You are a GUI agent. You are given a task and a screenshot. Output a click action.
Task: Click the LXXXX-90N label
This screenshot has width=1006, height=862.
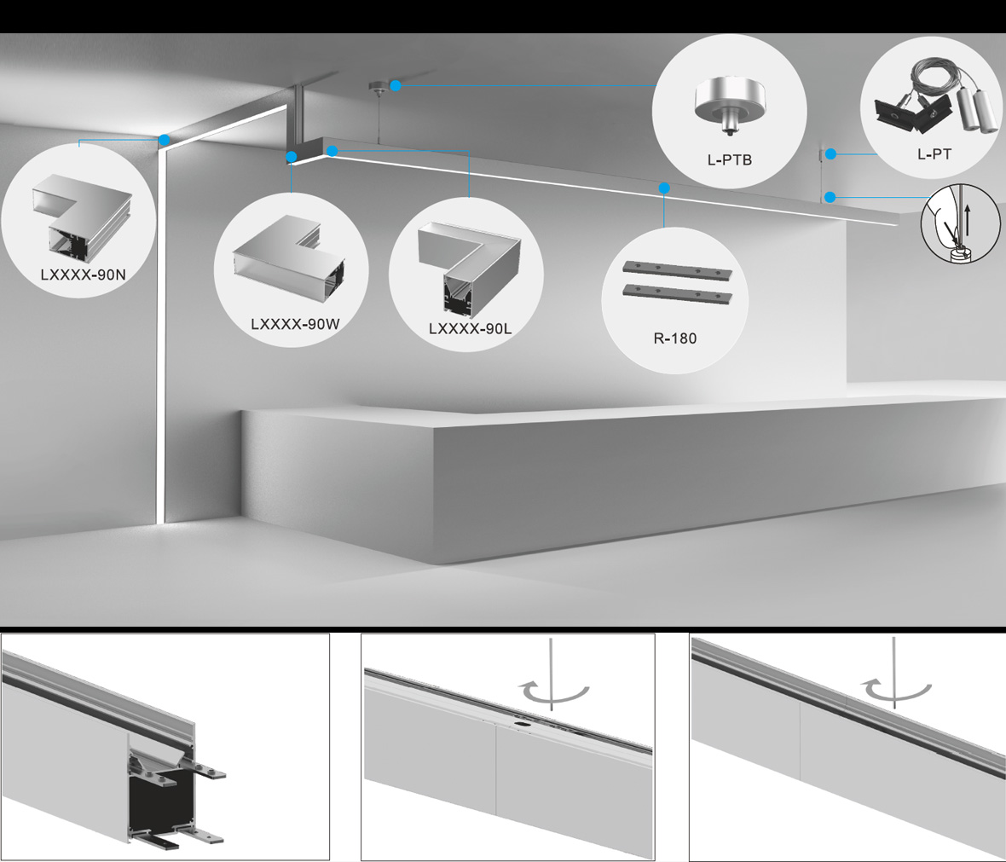click(x=83, y=275)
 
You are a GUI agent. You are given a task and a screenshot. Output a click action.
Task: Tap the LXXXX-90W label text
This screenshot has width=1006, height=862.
click(x=295, y=324)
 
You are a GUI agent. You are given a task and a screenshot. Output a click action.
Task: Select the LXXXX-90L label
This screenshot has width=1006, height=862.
click(x=471, y=328)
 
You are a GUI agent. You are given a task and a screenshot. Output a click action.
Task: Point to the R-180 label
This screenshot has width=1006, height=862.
click(x=675, y=338)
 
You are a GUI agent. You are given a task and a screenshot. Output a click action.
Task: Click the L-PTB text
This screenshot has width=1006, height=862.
click(x=730, y=159)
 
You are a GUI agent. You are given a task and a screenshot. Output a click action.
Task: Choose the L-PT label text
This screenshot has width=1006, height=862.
click(x=934, y=154)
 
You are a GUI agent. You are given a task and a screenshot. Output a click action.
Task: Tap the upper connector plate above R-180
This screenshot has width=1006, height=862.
click(x=678, y=270)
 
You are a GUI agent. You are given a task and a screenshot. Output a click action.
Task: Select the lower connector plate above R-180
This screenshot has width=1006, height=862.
click(x=678, y=293)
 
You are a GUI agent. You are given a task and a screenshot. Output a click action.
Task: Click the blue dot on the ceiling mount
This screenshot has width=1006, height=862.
click(x=396, y=85)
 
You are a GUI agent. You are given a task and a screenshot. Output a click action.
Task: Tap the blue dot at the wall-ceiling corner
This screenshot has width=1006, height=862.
click(x=165, y=139)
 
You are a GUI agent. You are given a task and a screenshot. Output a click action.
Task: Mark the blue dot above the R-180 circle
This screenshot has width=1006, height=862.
click(x=664, y=188)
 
